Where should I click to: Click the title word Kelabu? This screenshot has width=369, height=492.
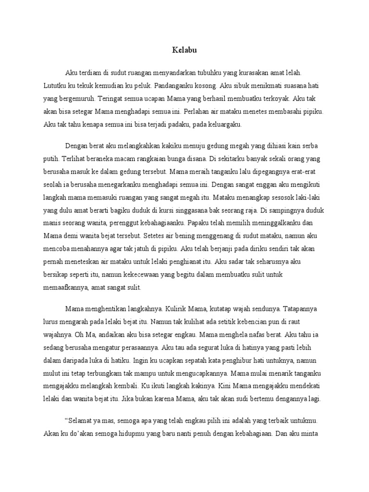point(184,49)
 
